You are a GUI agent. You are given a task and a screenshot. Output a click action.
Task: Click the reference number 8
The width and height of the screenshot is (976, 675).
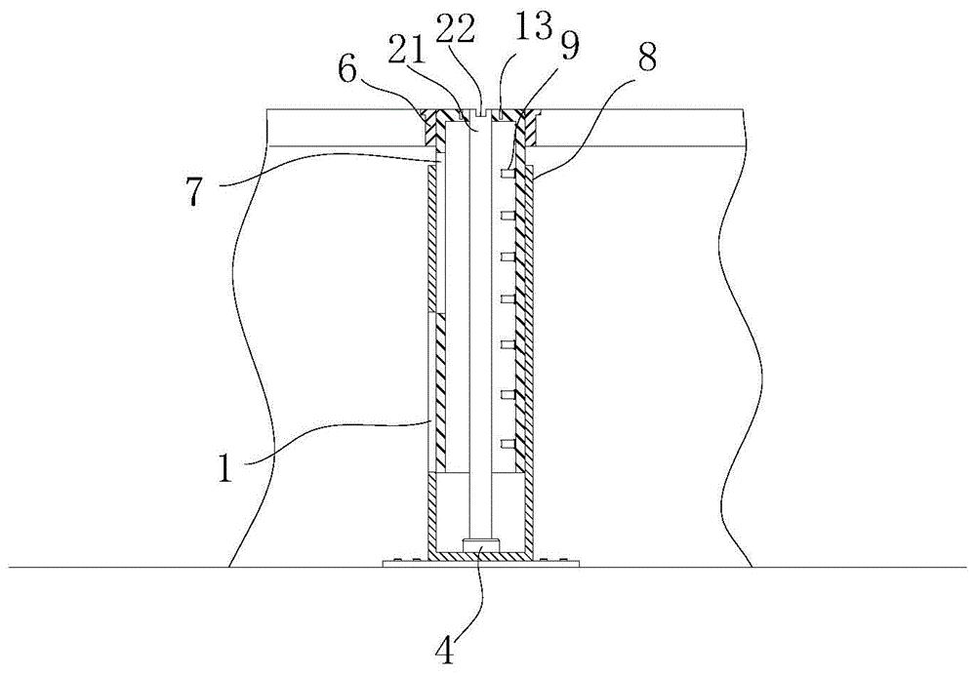[646, 58]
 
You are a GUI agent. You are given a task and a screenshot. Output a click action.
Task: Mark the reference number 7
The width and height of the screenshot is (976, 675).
[193, 193]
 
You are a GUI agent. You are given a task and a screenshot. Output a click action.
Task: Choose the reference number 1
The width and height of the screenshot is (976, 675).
[224, 468]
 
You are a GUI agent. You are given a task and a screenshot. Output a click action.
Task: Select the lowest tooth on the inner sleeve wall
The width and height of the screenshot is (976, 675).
[508, 444]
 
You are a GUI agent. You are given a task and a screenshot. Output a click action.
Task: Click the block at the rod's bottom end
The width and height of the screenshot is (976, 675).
[480, 544]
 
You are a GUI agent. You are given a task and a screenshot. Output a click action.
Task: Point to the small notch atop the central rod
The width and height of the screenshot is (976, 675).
[480, 112]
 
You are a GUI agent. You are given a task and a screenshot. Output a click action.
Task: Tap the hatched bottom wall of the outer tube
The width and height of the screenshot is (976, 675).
[480, 555]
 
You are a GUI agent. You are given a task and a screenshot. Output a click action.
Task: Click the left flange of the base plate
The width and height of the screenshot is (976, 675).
[405, 564]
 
